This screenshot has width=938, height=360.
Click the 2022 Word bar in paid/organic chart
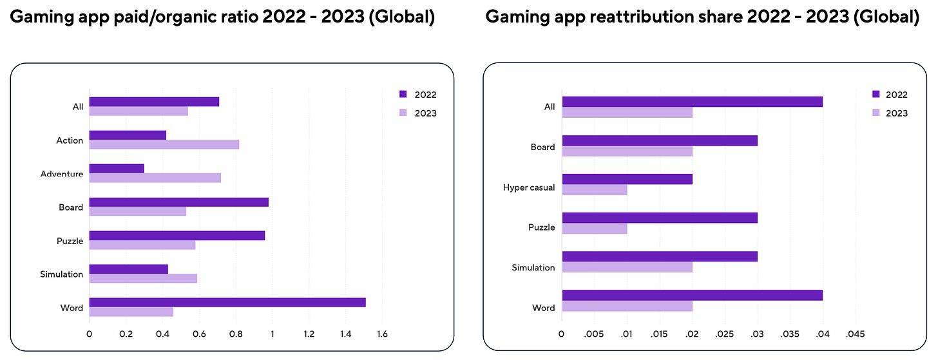pyautogui.click(x=227, y=303)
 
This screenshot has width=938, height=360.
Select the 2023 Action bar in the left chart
pyautogui.click(x=164, y=145)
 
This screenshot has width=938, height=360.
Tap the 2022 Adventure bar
pyautogui.click(x=117, y=169)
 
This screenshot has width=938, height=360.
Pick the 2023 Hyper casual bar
pyautogui.click(x=594, y=191)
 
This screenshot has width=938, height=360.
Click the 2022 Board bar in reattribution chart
pyautogui.click(x=659, y=140)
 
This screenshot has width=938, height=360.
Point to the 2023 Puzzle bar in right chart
pyautogui.click(x=594, y=229)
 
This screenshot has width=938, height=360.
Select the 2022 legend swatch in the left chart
pyautogui.click(x=403, y=95)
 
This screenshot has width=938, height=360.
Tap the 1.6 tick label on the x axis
pyautogui.click(x=382, y=334)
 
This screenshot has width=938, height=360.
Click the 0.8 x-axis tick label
pyautogui.click(x=236, y=334)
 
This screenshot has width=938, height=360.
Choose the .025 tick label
pyautogui.click(x=725, y=334)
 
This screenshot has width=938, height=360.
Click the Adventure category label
pyautogui.click(x=62, y=174)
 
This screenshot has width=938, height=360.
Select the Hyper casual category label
pyautogui.click(x=529, y=188)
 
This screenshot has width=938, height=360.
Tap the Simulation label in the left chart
pyautogui.click(x=61, y=274)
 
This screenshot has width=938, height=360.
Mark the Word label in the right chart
pyautogui.click(x=544, y=308)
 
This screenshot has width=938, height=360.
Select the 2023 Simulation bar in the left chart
pyautogui.click(x=143, y=279)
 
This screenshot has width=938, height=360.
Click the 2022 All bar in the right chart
pyautogui.click(x=692, y=102)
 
